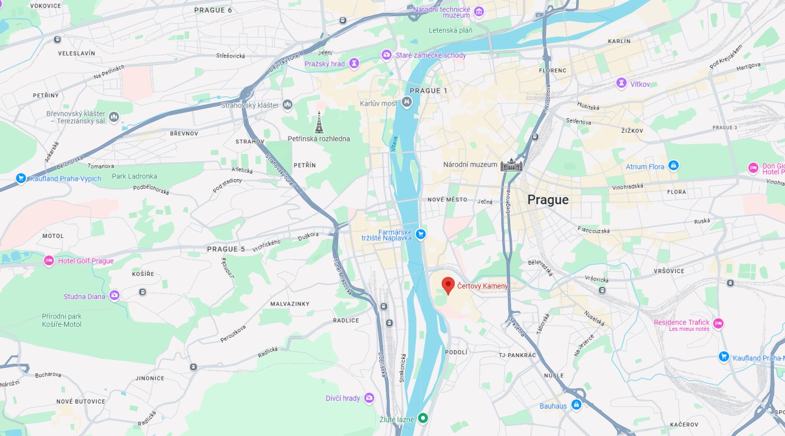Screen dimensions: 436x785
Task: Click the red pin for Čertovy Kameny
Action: click(448, 285)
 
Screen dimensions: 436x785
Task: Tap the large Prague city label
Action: click(548, 200)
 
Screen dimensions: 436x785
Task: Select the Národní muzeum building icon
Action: click(511, 165)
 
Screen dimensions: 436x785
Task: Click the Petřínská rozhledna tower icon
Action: click(319, 123)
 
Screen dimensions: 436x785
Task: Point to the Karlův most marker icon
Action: click(407, 102)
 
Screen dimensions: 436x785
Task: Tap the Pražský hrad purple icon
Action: click(354, 63)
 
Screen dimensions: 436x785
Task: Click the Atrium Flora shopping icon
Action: click(674, 166)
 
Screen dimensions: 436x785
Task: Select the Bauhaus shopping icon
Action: click(576, 405)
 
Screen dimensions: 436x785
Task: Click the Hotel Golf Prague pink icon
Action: click(49, 261)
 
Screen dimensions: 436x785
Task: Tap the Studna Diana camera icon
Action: click(115, 296)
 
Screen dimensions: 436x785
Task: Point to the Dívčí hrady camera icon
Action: click(369, 398)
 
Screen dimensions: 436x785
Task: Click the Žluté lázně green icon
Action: click(424, 418)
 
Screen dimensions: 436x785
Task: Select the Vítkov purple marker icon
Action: click(621, 83)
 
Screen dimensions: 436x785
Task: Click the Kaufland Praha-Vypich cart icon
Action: click(21, 179)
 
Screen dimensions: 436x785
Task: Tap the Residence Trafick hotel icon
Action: click(718, 323)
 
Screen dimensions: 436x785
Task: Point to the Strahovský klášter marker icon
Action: click(287, 105)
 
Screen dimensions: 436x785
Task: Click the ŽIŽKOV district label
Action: click(632, 130)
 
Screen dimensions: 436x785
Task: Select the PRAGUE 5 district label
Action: click(226, 249)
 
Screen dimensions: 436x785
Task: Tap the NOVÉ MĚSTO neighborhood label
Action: click(447, 199)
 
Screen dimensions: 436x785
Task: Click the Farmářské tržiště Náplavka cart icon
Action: click(421, 234)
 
